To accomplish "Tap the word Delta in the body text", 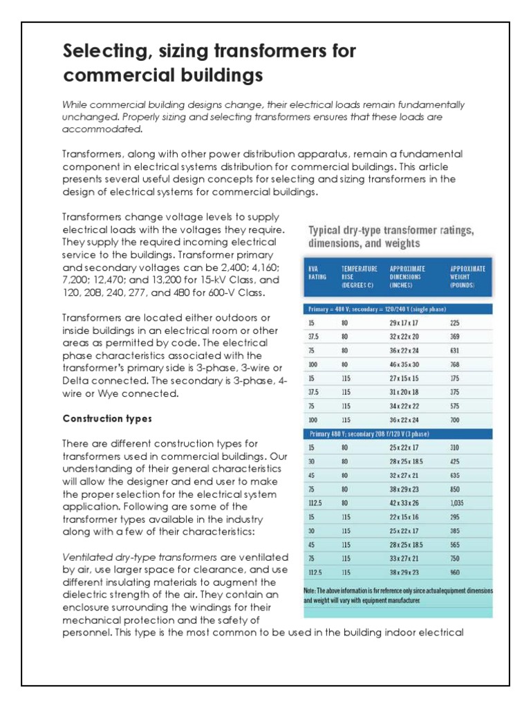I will [76, 381].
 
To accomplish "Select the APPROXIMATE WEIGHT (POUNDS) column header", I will [468, 274].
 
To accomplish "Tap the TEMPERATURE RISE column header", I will [360, 274].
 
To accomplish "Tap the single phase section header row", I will [398, 308].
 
